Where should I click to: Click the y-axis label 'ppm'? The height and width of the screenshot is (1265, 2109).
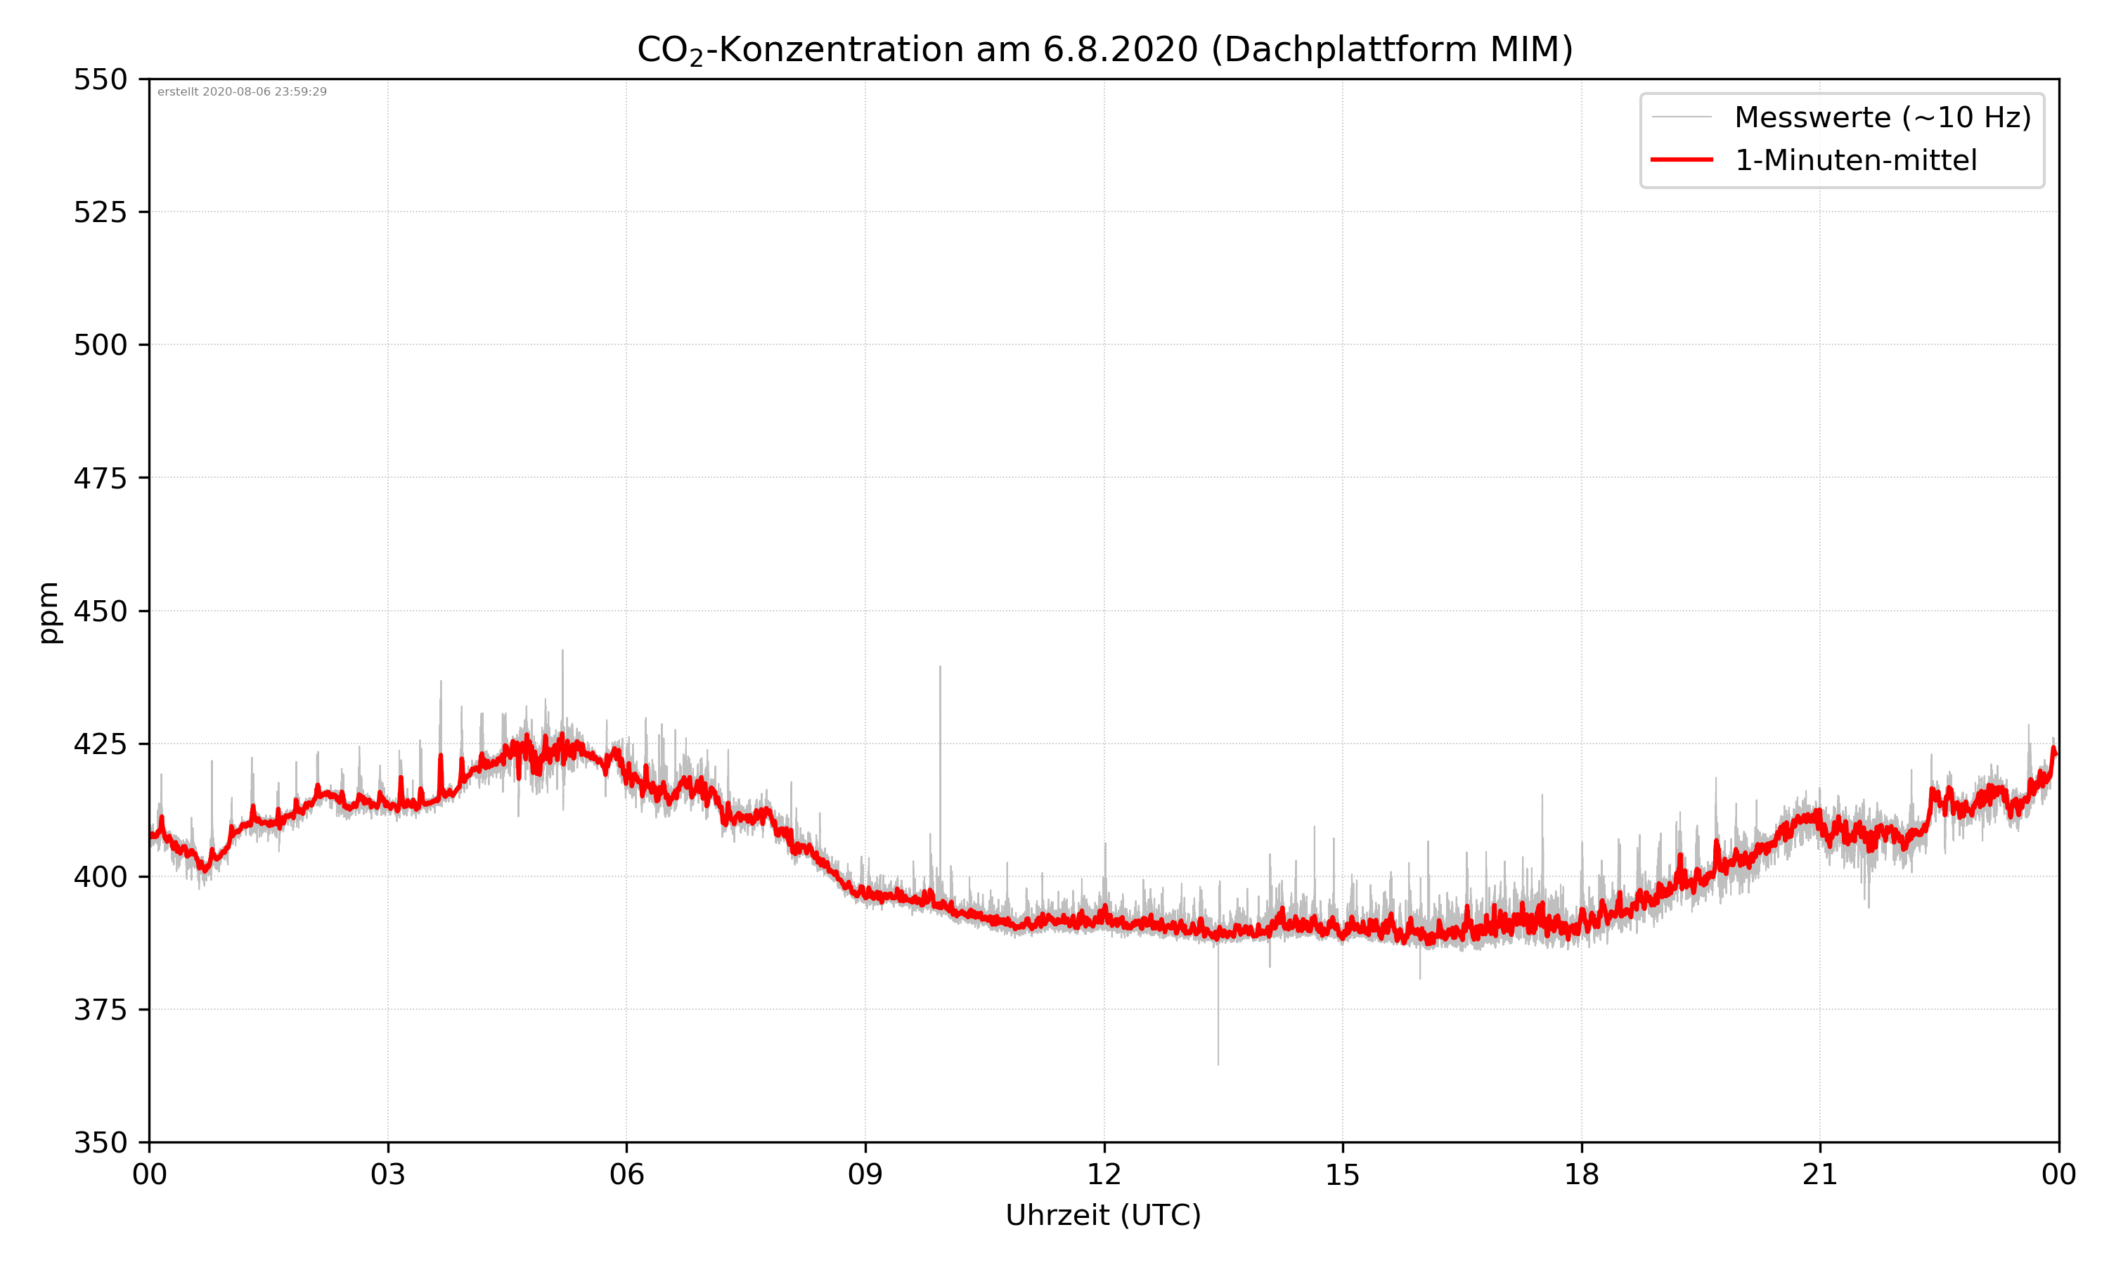tap(49, 612)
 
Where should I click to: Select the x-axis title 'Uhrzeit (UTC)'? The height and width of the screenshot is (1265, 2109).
tap(1103, 1214)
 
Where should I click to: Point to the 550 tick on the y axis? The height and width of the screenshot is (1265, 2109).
tap(100, 79)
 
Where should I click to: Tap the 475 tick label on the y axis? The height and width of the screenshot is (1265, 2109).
tap(100, 478)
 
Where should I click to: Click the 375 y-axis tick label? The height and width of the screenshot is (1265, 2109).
tap(100, 1010)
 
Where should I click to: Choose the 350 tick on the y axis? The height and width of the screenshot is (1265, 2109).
tap(100, 1142)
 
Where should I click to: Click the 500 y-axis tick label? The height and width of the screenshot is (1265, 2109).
tap(100, 345)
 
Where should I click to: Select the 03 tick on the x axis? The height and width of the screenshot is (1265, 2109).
tap(388, 1174)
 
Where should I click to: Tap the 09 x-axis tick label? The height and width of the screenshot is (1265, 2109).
tap(865, 1174)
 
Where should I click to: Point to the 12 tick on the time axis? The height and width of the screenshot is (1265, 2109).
tap(1104, 1174)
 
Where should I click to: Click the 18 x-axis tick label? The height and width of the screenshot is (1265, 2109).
tap(1581, 1174)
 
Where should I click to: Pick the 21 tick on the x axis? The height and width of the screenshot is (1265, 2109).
tap(1820, 1174)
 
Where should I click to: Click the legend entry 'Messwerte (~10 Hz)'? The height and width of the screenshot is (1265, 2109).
tap(1882, 117)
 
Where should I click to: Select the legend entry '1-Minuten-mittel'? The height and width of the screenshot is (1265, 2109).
tap(1856, 160)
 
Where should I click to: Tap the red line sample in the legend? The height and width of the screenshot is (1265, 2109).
tap(1681, 160)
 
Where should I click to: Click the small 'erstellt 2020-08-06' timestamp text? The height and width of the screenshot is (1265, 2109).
tap(242, 92)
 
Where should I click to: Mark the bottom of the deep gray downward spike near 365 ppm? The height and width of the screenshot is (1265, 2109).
tap(1218, 1064)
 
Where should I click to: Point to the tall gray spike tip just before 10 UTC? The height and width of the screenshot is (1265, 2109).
tap(941, 668)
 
